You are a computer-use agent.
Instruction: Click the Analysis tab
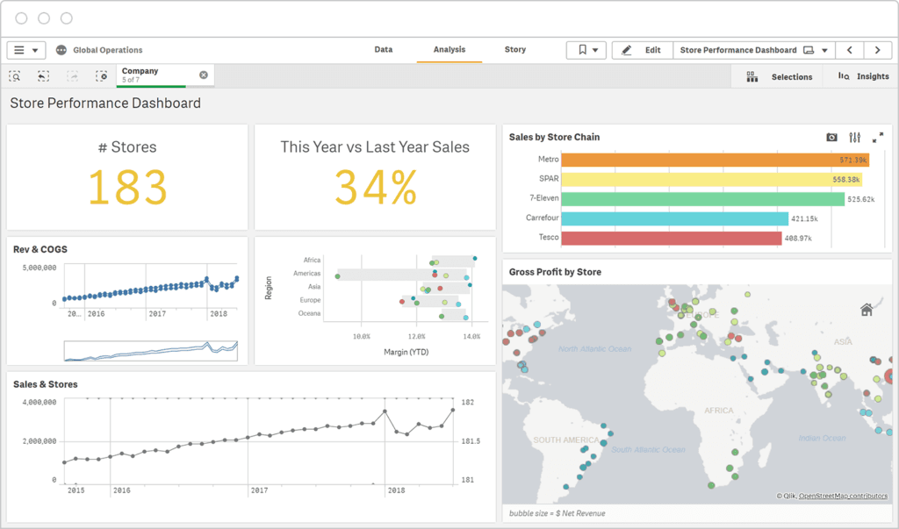click(x=449, y=50)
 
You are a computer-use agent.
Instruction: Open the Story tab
click(x=515, y=50)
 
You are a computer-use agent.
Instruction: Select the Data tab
click(x=384, y=50)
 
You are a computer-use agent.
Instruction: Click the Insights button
click(x=864, y=76)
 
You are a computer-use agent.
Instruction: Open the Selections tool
click(x=780, y=76)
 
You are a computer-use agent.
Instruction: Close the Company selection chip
click(x=204, y=75)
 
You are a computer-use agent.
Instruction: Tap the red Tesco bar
click(x=671, y=238)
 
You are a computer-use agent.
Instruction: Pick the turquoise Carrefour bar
click(x=674, y=218)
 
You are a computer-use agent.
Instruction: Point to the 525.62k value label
click(x=860, y=199)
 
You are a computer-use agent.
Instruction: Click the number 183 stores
click(x=127, y=187)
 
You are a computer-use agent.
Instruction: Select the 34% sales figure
click(x=375, y=187)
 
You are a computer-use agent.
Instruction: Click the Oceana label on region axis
click(x=309, y=313)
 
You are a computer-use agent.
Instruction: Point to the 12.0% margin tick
click(x=416, y=336)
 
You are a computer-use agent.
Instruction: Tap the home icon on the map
click(x=866, y=309)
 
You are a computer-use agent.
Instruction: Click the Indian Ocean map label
click(x=822, y=438)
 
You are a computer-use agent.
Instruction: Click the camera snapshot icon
click(x=831, y=138)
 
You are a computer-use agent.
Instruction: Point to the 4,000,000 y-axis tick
click(x=39, y=402)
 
